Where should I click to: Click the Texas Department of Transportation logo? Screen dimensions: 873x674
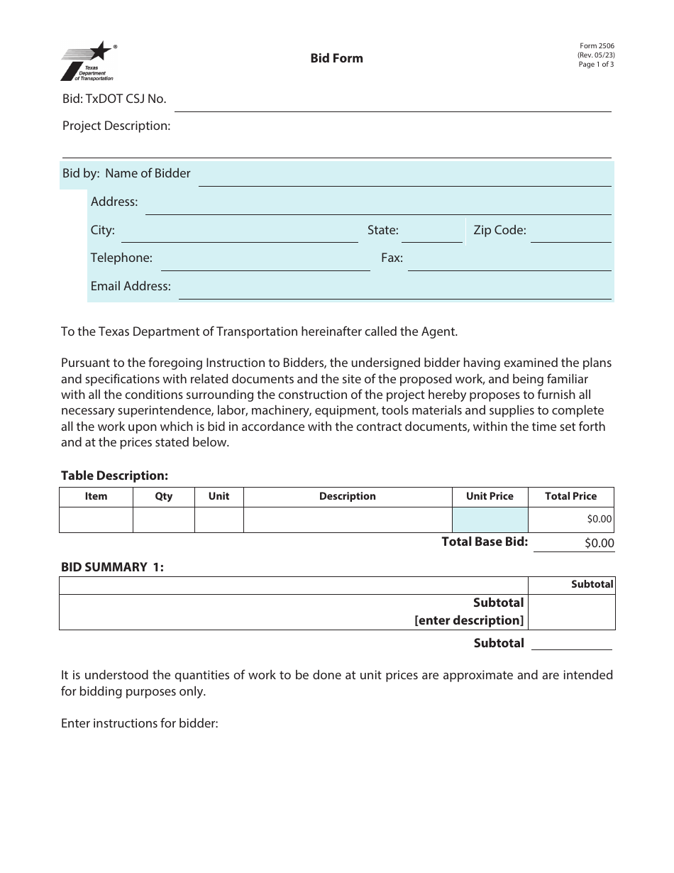[x=87, y=62]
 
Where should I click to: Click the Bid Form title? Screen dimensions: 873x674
[x=336, y=58]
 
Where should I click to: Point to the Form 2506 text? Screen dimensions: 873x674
[x=596, y=46]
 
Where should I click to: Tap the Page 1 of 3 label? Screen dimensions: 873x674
[x=596, y=65]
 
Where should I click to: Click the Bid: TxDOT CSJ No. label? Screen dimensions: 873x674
[x=114, y=99]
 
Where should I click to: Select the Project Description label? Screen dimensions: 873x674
[x=116, y=126]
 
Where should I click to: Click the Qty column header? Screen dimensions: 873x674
[x=163, y=497]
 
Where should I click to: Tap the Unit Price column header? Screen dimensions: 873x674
[x=490, y=497]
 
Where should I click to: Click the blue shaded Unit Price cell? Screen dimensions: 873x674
[x=490, y=520]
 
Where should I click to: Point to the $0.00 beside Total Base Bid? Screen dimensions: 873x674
[x=599, y=543]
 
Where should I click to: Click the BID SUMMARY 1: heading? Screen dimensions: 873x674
[x=112, y=567]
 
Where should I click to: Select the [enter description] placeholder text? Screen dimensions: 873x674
[x=469, y=620]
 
